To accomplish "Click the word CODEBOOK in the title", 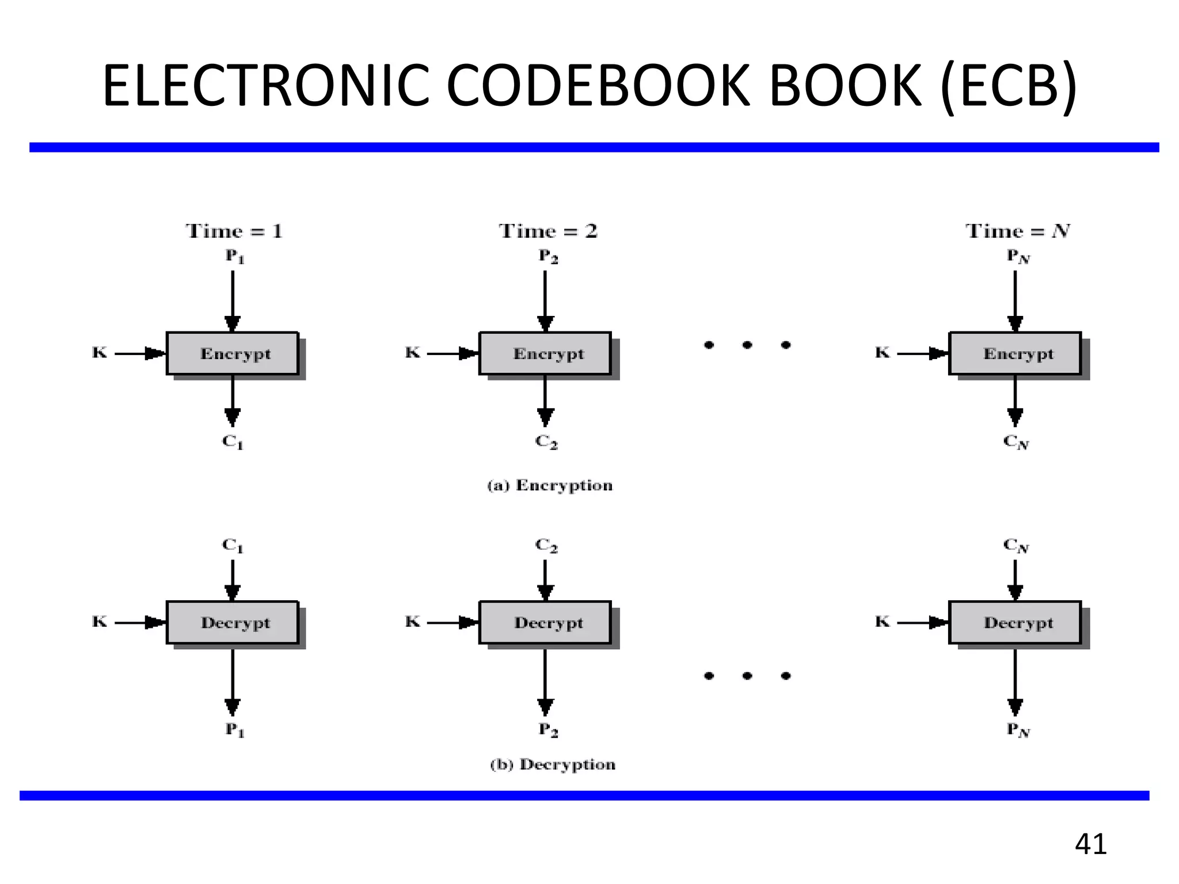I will tap(598, 86).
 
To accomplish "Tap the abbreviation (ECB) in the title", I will tap(1008, 86).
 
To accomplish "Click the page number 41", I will tap(1090, 844).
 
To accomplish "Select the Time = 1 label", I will tap(234, 231).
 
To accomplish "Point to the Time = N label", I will tap(1017, 231).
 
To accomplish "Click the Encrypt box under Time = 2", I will tap(545, 353).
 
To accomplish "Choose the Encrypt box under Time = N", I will tap(1015, 353).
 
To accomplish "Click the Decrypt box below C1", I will tap(233, 623).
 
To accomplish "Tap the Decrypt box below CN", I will tap(1015, 623).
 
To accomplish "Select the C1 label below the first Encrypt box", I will tap(233, 442).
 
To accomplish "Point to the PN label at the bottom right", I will tap(1017, 730).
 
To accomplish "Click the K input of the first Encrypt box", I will tap(100, 352).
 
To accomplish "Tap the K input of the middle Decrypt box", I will tap(412, 622).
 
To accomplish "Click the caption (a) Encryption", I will tap(550, 486).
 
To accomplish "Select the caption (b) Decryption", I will tap(553, 765).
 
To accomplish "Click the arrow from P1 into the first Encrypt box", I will tap(233, 299).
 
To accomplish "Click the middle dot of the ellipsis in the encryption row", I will tap(747, 345).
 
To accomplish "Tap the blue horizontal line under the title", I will tap(593, 147).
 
